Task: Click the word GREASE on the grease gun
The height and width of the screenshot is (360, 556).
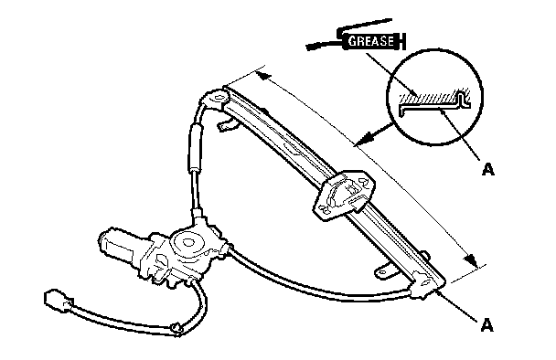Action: pos(371,41)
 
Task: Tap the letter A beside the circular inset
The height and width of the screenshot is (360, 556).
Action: pos(488,169)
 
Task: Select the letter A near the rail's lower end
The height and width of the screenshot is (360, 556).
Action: pos(486,325)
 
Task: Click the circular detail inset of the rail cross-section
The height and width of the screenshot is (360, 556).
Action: pos(434,97)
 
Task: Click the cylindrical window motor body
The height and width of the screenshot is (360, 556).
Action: pos(117,246)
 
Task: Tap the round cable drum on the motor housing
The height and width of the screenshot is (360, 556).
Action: pos(188,243)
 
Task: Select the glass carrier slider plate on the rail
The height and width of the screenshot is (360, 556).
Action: pos(344,195)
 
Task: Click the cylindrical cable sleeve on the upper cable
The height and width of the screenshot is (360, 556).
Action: pos(195,147)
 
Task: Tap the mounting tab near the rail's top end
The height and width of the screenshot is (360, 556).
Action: pos(227,125)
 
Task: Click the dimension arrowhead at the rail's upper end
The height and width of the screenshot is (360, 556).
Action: pos(263,75)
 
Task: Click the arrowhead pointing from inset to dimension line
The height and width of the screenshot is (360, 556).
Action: pos(366,138)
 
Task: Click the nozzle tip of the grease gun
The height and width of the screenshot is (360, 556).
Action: pos(313,47)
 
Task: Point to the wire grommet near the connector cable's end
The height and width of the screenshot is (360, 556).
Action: pos(176,329)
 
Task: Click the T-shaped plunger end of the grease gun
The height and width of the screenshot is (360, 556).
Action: pos(401,41)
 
